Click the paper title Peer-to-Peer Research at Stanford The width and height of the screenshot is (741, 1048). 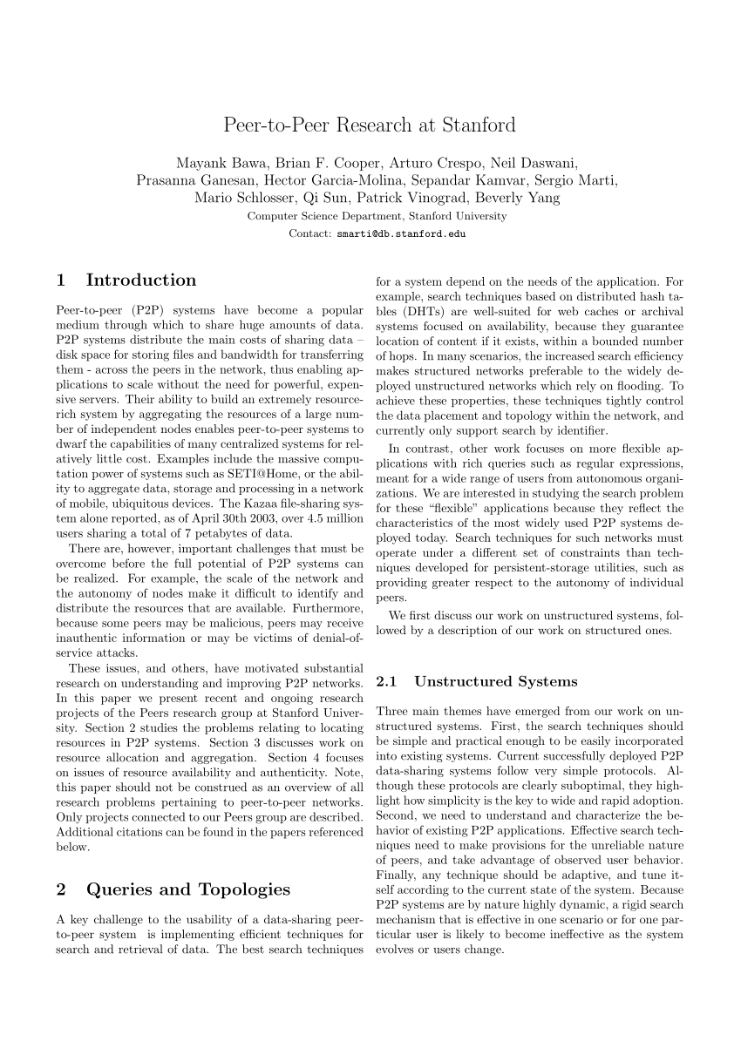pos(370,125)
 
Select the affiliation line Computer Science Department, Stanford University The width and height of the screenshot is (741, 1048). pos(377,216)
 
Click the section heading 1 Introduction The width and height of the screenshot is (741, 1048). pos(126,281)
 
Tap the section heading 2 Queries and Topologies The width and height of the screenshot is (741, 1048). pos(173,889)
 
